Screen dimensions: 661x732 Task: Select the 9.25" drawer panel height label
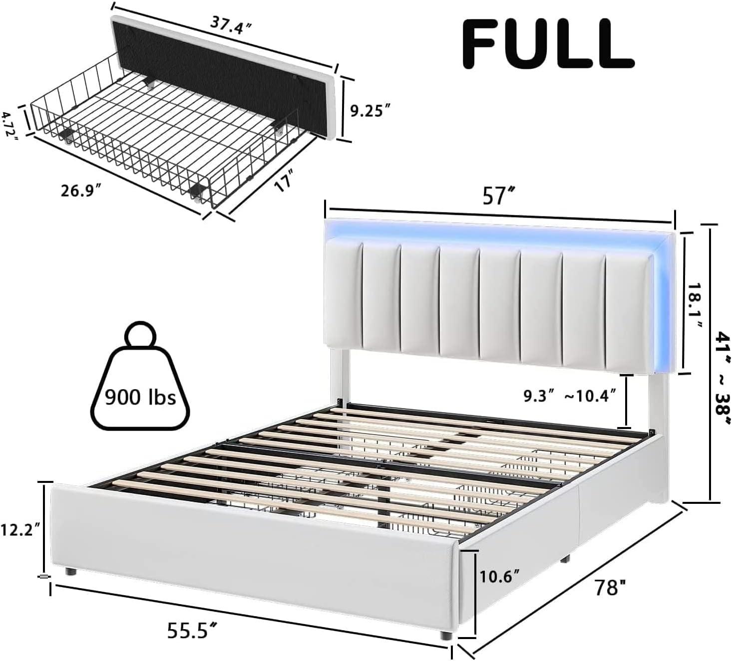click(369, 111)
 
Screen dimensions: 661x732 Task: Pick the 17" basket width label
click(283, 178)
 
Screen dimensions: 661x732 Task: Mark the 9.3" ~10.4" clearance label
click(569, 396)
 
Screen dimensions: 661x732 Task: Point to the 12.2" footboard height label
click(20, 529)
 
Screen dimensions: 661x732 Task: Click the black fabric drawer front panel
click(220, 65)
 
